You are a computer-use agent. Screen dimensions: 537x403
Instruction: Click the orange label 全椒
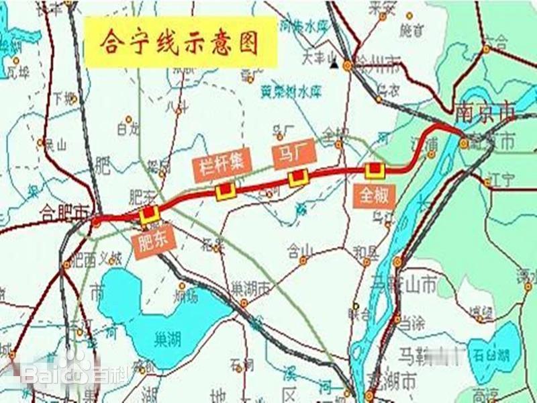click(x=374, y=195)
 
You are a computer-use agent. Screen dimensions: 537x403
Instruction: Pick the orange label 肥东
click(x=154, y=240)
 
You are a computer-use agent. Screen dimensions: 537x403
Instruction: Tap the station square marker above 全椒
click(x=374, y=170)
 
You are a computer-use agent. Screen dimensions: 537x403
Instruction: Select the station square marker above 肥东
click(x=148, y=214)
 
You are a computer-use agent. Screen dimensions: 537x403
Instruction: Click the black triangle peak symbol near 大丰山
click(x=333, y=65)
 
